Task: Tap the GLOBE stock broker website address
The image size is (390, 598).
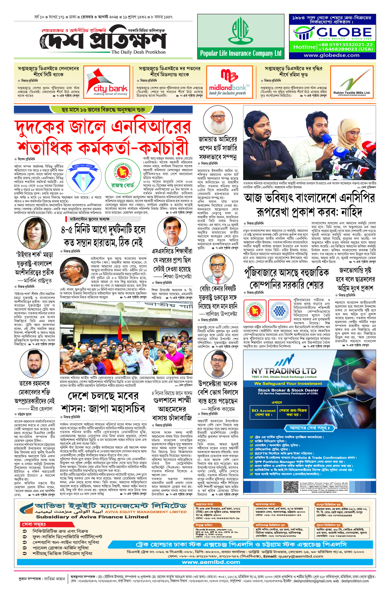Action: coord(331,55)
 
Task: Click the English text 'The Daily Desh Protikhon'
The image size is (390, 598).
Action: coord(138,52)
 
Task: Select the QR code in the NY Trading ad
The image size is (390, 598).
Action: coord(290,487)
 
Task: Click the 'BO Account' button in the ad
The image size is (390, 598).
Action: coord(263,412)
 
